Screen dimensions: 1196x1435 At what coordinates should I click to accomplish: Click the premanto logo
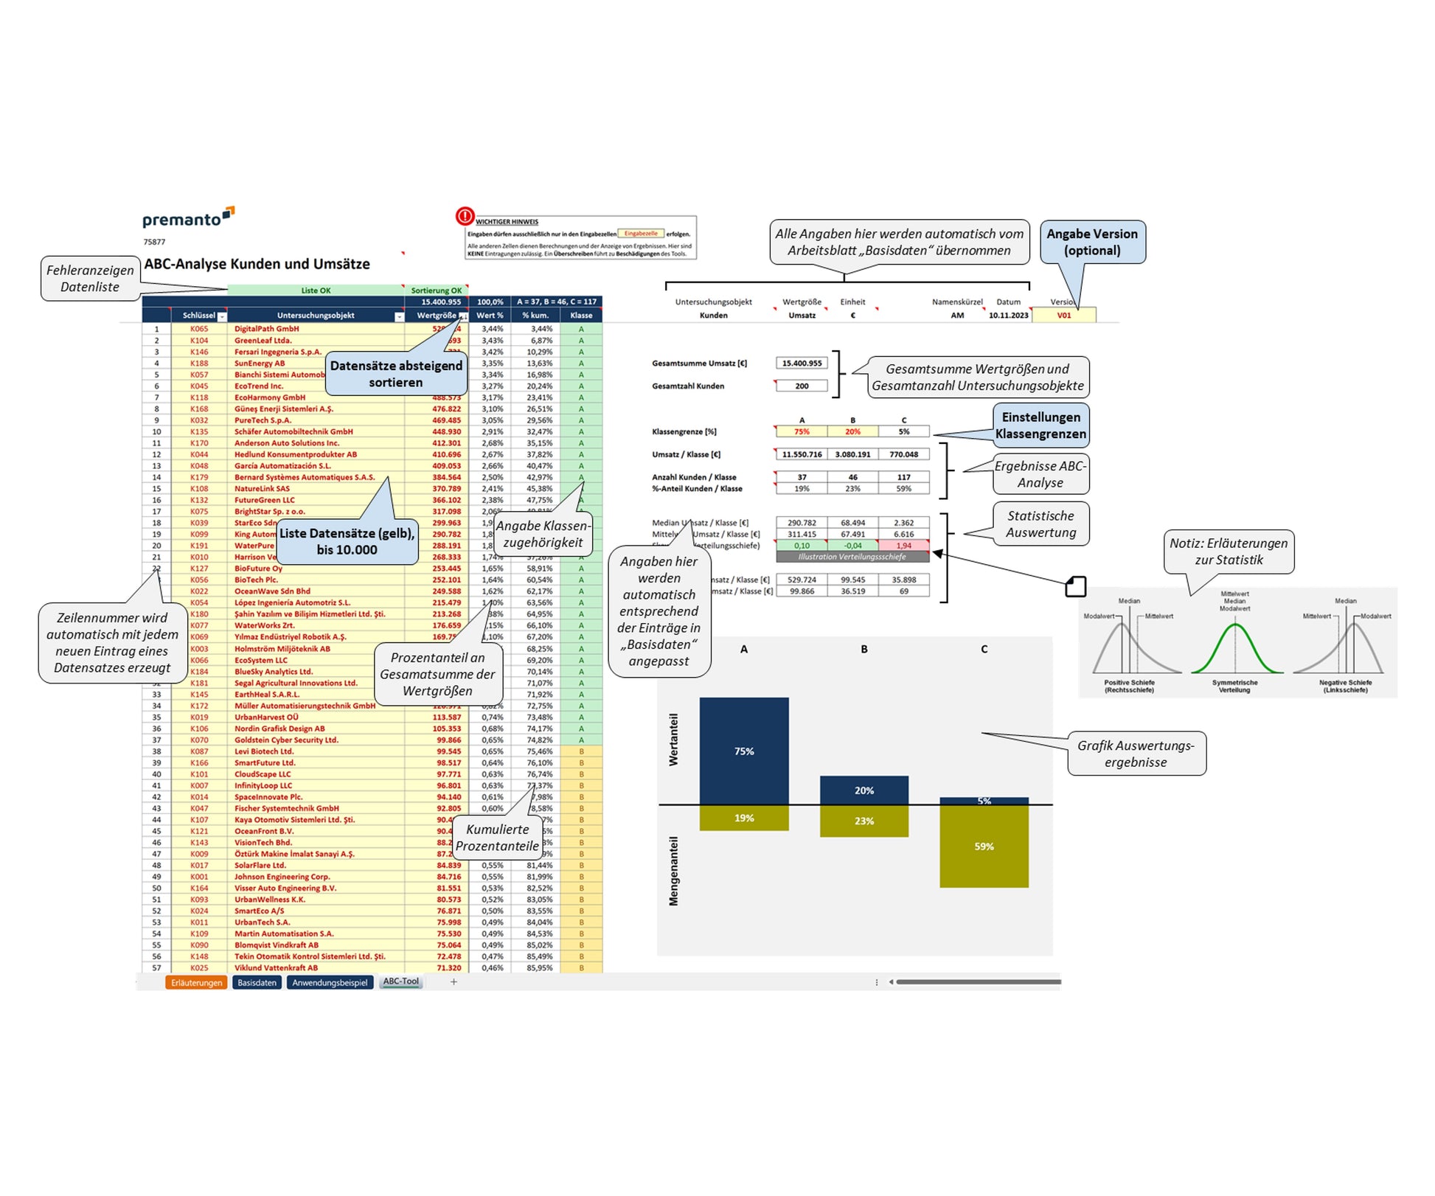187,218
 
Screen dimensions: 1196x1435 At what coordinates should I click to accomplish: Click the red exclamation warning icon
465,216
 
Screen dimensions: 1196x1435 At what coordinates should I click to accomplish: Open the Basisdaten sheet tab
257,982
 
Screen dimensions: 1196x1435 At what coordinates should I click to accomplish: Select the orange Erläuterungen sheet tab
196,982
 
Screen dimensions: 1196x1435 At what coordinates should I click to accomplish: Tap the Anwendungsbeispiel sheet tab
330,982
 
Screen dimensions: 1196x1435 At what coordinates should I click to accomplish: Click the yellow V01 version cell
1063,316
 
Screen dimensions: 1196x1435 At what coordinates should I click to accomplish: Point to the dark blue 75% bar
743,751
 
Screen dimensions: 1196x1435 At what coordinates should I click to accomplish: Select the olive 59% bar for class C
984,846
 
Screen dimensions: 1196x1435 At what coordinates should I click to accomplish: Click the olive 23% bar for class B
864,821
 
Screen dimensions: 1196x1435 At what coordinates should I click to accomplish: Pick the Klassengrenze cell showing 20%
852,432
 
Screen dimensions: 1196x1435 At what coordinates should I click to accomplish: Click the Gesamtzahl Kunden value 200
802,386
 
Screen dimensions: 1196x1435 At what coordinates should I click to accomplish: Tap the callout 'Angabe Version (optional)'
1092,242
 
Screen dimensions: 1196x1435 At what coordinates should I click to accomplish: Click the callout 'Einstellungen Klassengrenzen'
1040,425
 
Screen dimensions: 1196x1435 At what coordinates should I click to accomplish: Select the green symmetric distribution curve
1234,649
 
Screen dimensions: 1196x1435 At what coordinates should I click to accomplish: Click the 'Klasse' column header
581,316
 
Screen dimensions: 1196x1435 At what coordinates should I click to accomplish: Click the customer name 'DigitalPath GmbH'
267,329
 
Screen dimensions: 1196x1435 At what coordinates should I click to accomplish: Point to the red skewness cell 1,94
903,546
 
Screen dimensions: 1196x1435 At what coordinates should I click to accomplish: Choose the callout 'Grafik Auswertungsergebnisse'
1136,754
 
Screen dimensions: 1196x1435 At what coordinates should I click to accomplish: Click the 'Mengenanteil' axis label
673,871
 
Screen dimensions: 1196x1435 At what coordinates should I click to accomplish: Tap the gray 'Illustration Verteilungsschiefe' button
852,557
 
